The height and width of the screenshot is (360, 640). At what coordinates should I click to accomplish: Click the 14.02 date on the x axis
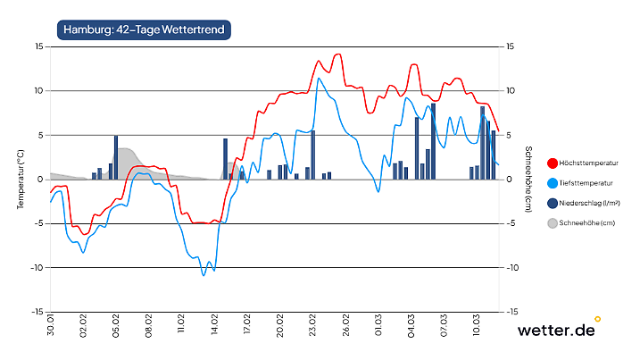[x=214, y=324]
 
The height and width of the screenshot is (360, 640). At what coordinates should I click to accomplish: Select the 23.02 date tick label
[x=312, y=324]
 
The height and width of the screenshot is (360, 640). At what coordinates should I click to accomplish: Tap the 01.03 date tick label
[x=378, y=324]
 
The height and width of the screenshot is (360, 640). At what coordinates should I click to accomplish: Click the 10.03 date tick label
[x=477, y=324]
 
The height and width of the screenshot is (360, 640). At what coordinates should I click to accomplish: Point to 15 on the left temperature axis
[x=38, y=46]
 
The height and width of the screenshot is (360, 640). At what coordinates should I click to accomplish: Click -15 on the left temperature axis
[x=37, y=312]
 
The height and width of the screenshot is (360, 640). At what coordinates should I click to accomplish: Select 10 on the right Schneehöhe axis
[x=511, y=91]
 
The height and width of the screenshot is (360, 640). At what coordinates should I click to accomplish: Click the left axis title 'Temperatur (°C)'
[x=20, y=179]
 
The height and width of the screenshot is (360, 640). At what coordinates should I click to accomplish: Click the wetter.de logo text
[x=555, y=331]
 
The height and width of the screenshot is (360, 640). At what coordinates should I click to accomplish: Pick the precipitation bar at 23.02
[x=312, y=155]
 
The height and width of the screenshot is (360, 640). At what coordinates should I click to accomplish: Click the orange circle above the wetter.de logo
[x=597, y=318]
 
